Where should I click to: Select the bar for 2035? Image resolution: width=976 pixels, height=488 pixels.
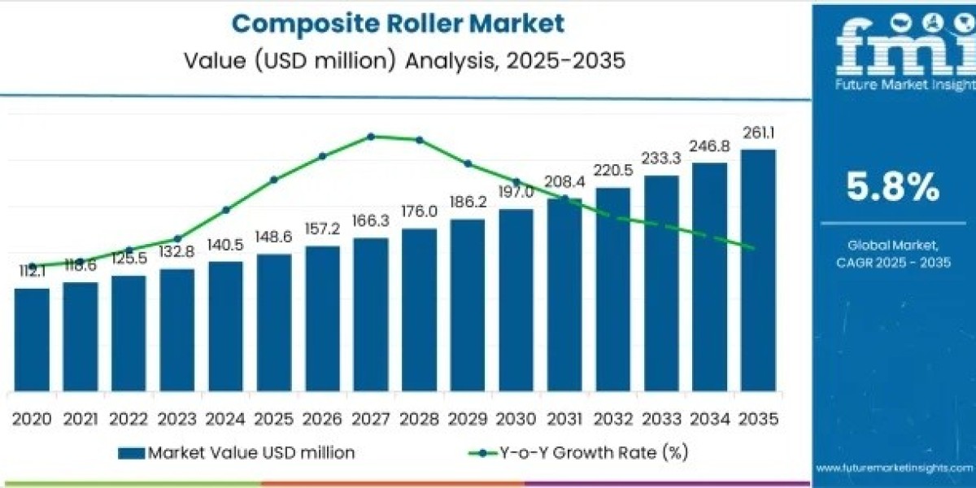point(757,268)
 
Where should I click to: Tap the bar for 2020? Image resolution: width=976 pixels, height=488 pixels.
point(32,338)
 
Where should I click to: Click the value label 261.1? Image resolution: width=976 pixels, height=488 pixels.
point(757,133)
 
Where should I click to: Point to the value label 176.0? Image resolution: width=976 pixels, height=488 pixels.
point(420,211)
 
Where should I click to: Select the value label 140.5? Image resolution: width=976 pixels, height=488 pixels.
point(225,245)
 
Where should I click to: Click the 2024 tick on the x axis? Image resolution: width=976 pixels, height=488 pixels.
point(225,419)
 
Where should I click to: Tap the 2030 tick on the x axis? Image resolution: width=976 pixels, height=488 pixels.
point(516,419)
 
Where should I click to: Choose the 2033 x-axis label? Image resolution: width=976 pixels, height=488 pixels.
point(661,419)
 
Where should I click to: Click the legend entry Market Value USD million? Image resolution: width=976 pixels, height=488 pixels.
point(236,453)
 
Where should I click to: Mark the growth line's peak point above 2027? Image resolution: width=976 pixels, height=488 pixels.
point(371,137)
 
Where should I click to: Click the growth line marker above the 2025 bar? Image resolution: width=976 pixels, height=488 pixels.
point(274,180)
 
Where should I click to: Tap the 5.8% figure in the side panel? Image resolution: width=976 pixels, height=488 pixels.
point(893,189)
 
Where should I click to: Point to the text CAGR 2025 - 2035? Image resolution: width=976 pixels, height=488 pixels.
point(893,262)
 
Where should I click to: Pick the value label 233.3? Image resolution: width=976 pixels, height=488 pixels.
point(661,160)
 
